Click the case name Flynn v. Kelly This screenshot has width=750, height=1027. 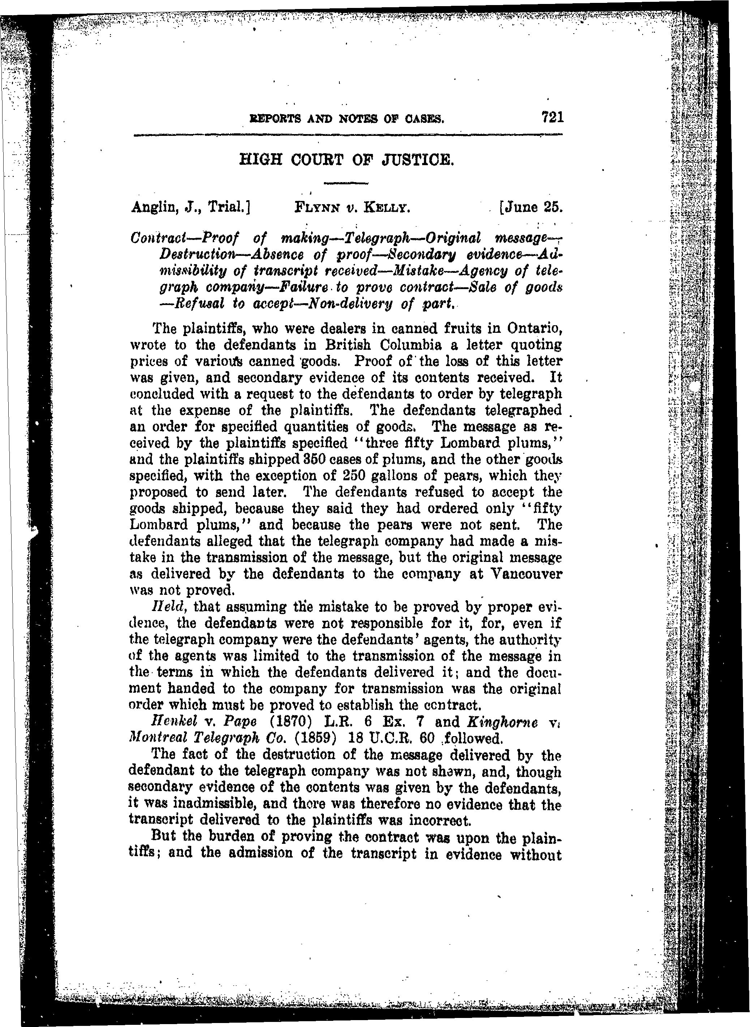(353, 208)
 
